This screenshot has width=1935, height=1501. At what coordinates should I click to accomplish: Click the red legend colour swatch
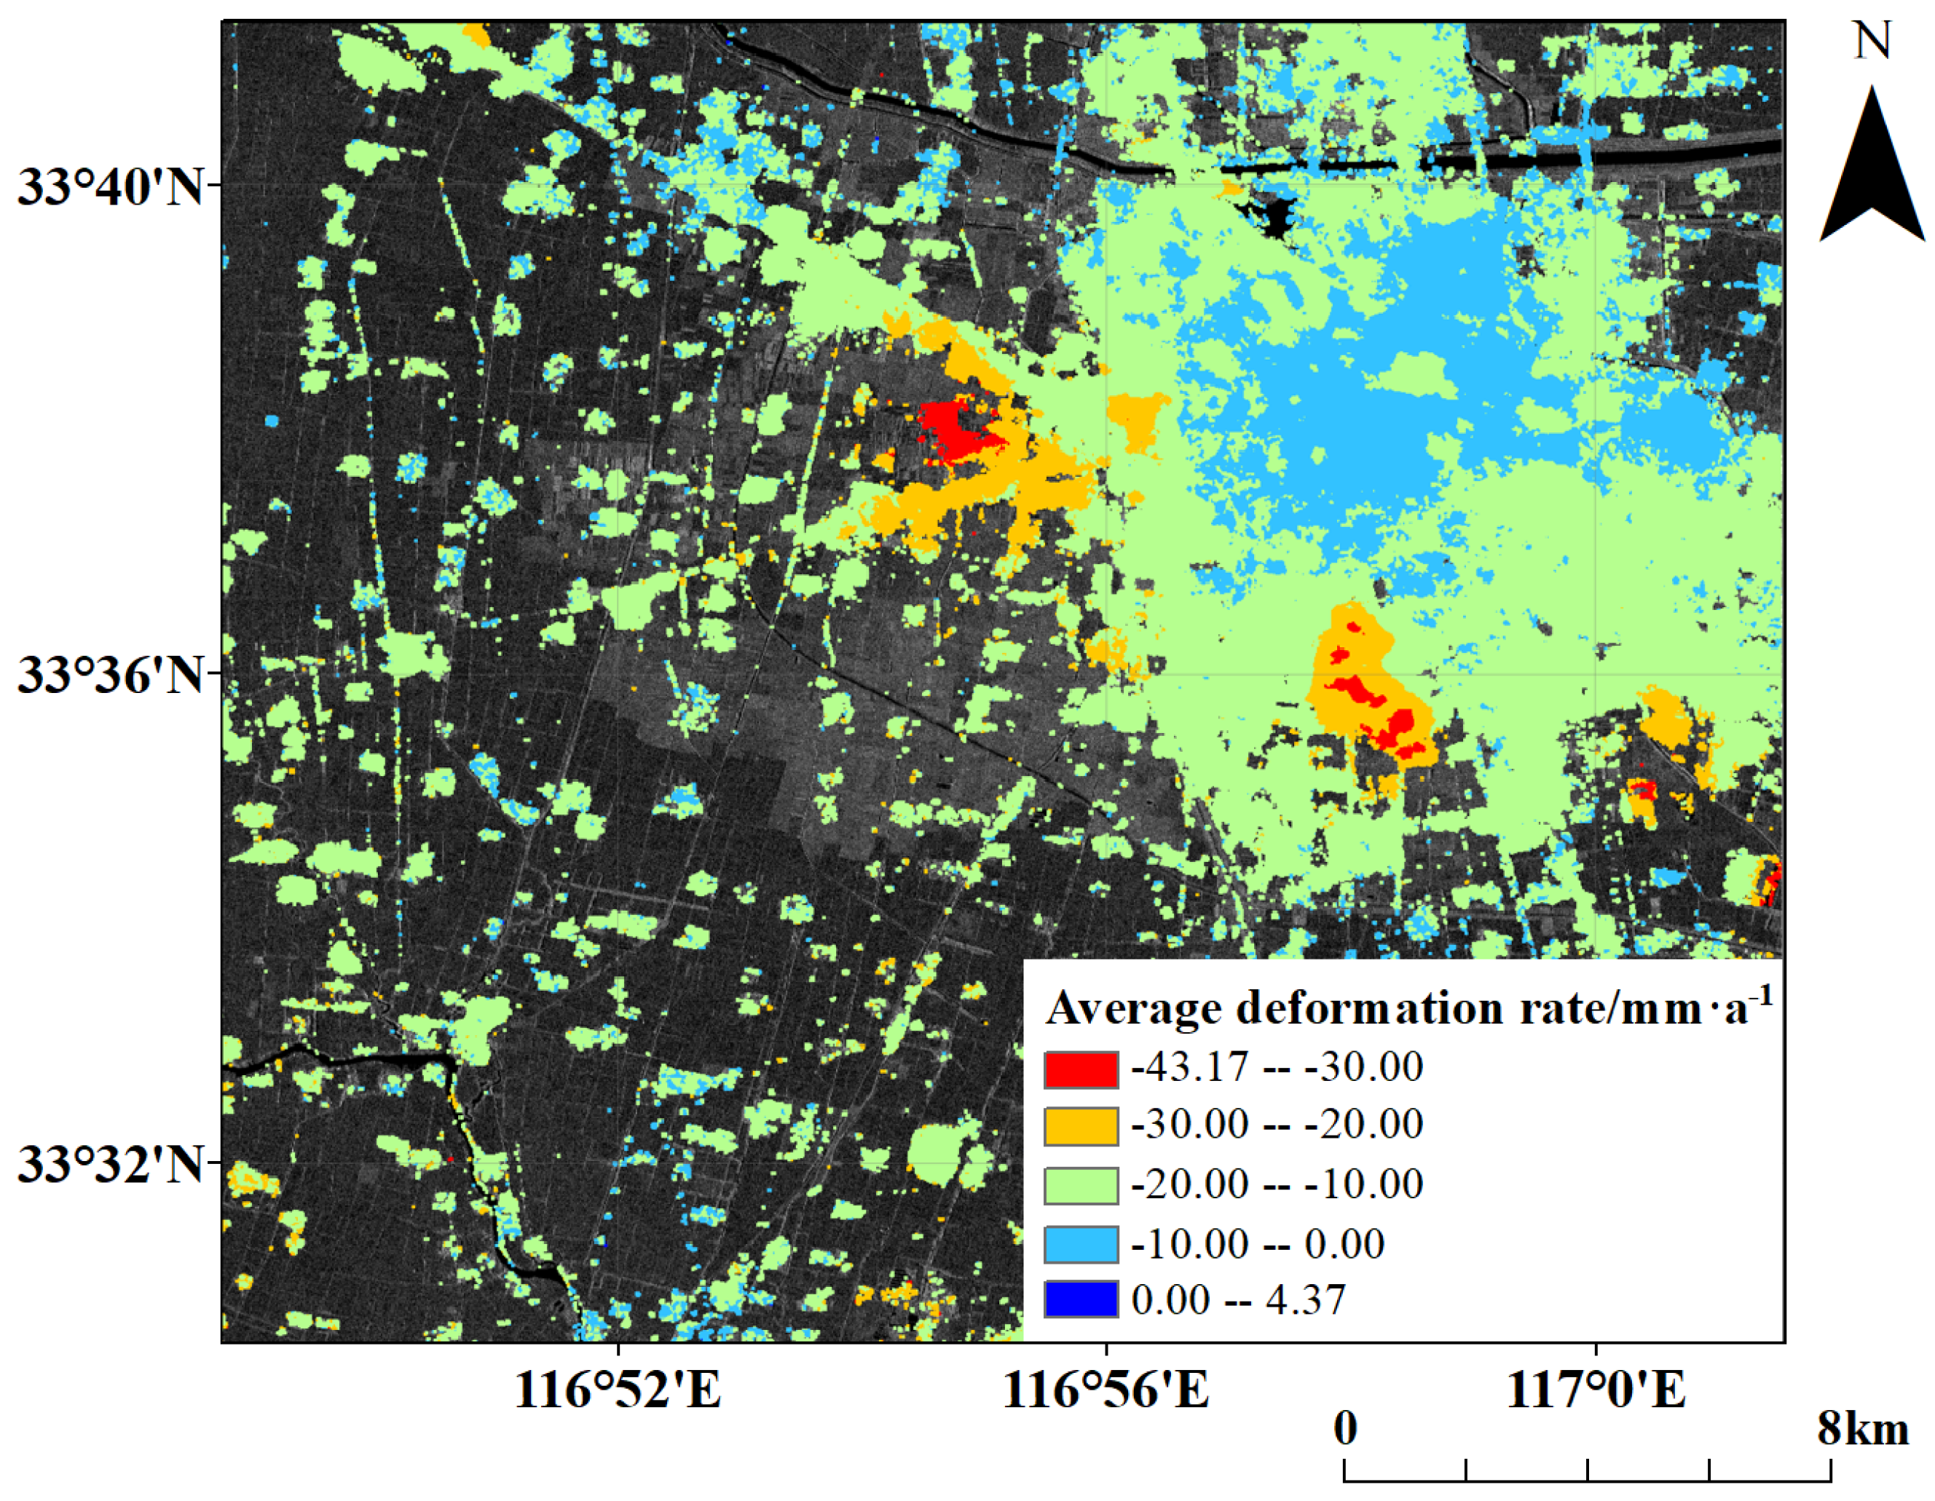pyautogui.click(x=1080, y=1069)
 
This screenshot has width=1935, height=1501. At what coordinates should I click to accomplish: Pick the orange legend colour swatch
pyautogui.click(x=1080, y=1126)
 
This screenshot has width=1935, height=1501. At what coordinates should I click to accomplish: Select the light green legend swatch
pyautogui.click(x=1080, y=1186)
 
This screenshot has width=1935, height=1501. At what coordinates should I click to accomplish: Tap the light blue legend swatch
pyautogui.click(x=1080, y=1243)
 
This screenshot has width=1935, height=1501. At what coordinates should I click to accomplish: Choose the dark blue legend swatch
pyautogui.click(x=1080, y=1299)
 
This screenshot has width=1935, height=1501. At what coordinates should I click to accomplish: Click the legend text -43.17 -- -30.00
pyautogui.click(x=1277, y=1067)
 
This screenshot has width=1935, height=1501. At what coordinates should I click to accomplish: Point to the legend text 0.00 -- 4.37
pyautogui.click(x=1238, y=1300)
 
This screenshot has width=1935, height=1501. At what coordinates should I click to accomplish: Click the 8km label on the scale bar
pyautogui.click(x=1863, y=1430)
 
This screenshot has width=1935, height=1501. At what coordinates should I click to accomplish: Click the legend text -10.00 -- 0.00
pyautogui.click(x=1257, y=1243)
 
